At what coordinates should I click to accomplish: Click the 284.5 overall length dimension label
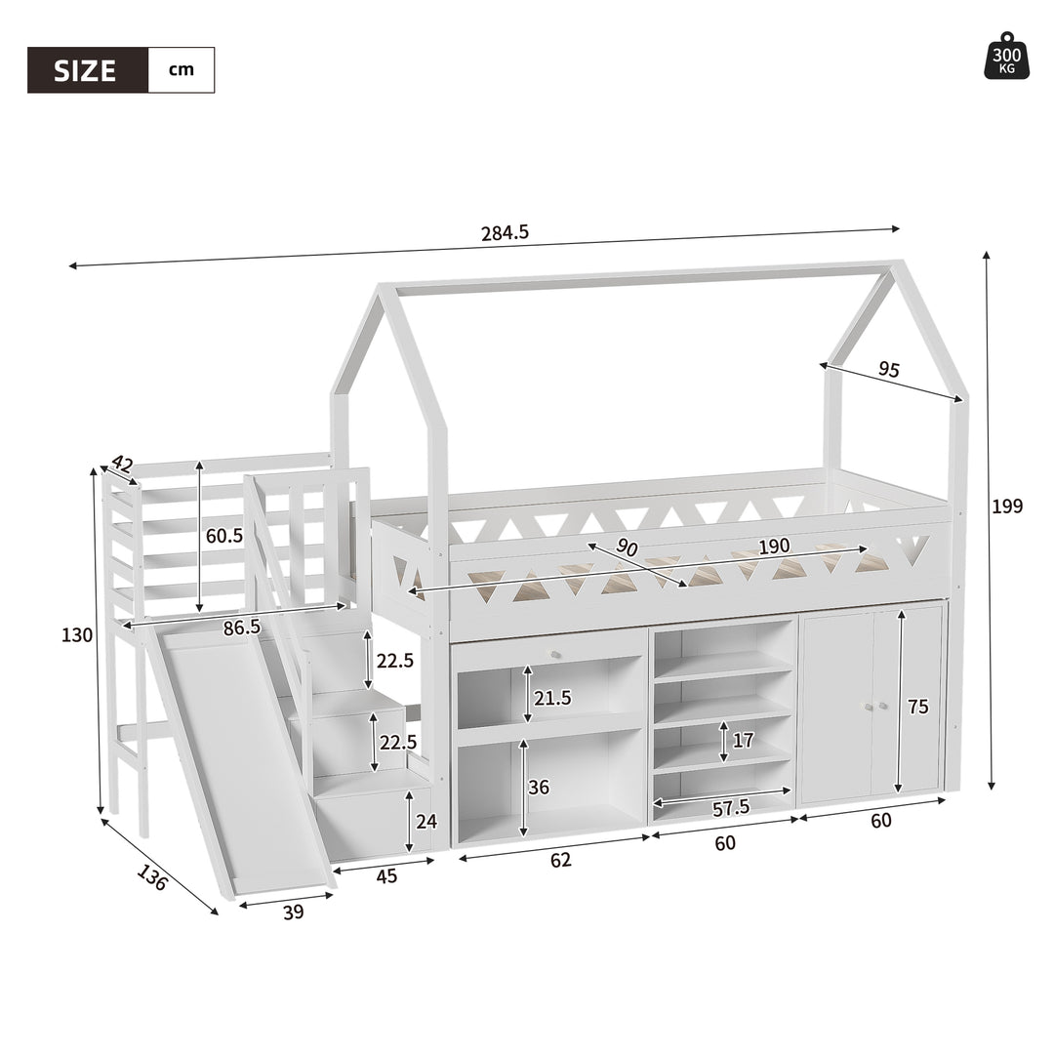pos(505,232)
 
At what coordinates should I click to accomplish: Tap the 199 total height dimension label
pos(1007,507)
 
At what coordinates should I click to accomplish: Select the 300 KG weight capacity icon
pos(1006,56)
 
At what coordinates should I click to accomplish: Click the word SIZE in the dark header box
pos(85,70)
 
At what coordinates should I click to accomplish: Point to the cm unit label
pos(181,70)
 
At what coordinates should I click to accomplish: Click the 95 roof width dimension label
pos(889,369)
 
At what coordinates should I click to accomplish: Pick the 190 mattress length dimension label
pos(774,547)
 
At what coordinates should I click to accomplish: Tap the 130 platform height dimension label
pos(77,635)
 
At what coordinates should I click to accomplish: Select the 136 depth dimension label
pos(152,878)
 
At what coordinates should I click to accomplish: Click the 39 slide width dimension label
pos(293,912)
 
